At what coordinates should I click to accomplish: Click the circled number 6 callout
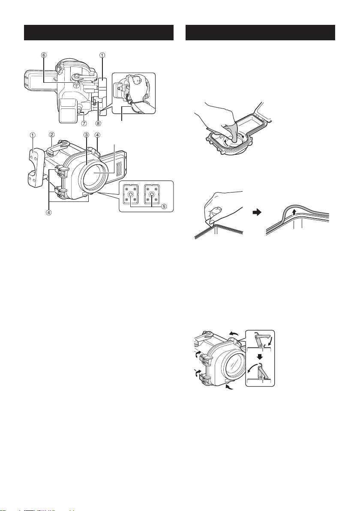pos(44,55)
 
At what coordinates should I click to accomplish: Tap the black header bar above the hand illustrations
pos(260,33)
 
